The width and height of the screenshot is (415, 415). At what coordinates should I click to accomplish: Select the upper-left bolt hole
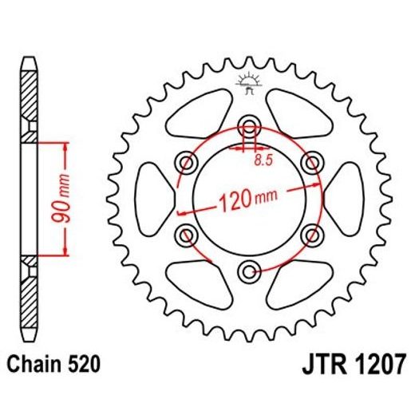click(189, 163)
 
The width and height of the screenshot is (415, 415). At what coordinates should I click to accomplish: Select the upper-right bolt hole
click(310, 163)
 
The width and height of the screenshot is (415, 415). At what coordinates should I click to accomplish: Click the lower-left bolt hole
click(189, 233)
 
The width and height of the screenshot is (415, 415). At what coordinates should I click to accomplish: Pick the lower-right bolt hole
click(310, 233)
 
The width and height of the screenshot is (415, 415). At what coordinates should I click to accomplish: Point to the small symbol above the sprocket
click(248, 82)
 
